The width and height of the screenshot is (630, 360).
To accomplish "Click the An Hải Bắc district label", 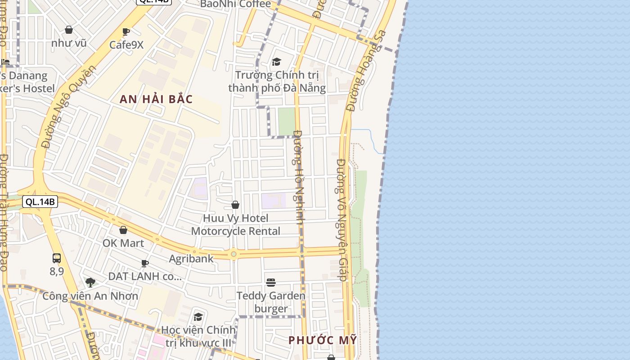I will (x=156, y=99).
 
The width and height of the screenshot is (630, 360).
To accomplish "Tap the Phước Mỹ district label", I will (x=322, y=340).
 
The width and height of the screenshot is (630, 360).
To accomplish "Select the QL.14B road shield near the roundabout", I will (x=40, y=202).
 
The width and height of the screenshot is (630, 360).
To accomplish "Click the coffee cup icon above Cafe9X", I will (x=126, y=31).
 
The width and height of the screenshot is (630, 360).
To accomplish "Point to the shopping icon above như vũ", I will (x=69, y=30).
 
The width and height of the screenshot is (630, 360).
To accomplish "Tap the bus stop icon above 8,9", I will (x=57, y=258).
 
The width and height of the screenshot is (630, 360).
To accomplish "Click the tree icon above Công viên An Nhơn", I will (x=90, y=283).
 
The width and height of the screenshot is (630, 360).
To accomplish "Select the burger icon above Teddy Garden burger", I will (x=270, y=283).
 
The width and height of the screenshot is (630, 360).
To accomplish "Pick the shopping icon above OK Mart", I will (x=123, y=230).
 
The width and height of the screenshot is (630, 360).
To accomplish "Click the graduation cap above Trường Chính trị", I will (x=276, y=62).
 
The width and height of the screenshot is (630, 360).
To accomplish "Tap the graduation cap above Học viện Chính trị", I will (x=198, y=317).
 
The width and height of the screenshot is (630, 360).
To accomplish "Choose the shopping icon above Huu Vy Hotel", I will (x=235, y=205).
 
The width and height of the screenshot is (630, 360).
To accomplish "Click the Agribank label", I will (x=191, y=259).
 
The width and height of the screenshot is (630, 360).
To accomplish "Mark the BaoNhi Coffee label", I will (x=235, y=4).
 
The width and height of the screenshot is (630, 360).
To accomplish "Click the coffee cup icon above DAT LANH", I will (x=145, y=263).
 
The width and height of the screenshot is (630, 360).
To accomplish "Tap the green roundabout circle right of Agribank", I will (x=234, y=254).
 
